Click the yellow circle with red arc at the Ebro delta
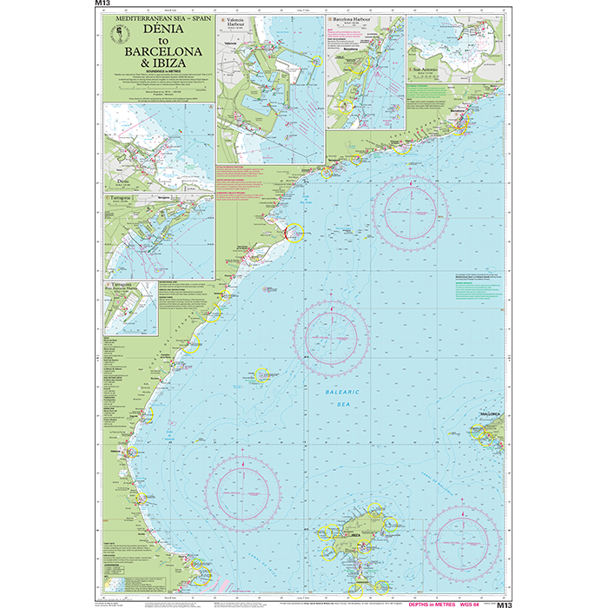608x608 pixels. pyautogui.click(x=291, y=232)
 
